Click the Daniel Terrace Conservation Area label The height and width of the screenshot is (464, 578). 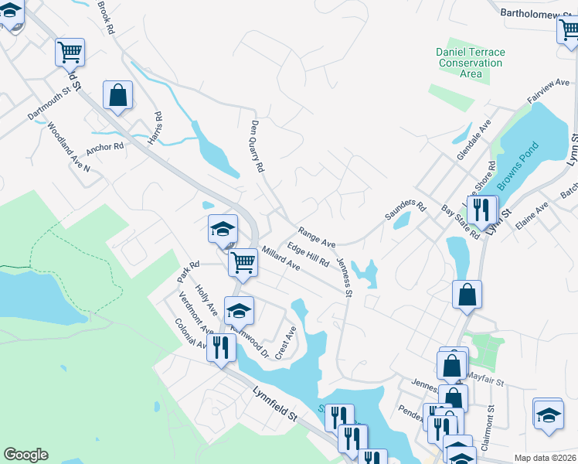pos(470,63)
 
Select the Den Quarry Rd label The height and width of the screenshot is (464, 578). pos(258,146)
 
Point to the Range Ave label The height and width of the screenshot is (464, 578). pos(317,235)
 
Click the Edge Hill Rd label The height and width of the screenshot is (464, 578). pos(308,255)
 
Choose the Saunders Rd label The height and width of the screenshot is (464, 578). pos(405,210)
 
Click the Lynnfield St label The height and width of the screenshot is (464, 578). pos(275,404)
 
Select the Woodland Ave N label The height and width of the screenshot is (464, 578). pos(68,146)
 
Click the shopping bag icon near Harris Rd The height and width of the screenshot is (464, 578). pos(117,97)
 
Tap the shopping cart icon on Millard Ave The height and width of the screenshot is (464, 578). pos(243,263)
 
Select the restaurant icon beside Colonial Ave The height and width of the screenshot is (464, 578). pos(222,347)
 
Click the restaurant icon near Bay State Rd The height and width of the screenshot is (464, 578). pos(482,209)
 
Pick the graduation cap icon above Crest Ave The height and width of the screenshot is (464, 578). pos(239,311)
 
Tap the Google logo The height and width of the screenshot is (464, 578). pos(25,455)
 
